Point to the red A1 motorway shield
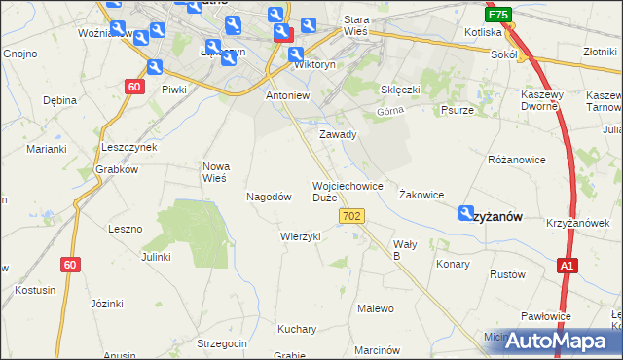[x=569, y=265]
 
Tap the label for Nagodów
[x=269, y=196]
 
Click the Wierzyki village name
[x=300, y=236]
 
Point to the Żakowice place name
[x=421, y=195]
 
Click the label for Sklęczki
[x=400, y=90]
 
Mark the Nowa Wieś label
[x=214, y=172]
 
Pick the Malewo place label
[x=376, y=308]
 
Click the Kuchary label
[x=297, y=328]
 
